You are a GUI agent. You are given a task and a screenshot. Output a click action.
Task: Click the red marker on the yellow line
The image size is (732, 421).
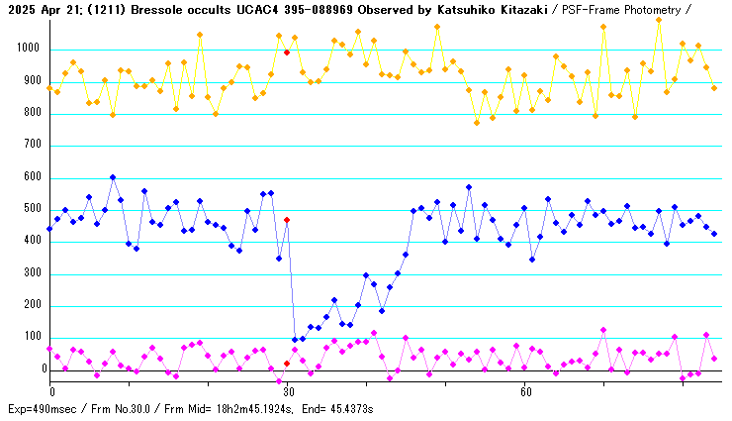tap(287, 52)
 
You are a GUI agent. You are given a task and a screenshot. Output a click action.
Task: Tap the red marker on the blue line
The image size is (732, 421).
tap(287, 220)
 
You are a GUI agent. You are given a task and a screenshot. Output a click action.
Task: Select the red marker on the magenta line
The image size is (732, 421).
tap(287, 364)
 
